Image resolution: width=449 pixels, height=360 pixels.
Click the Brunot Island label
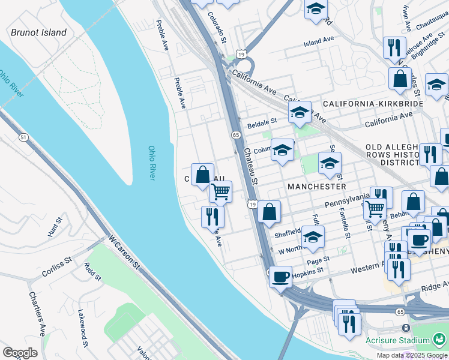click(38, 32)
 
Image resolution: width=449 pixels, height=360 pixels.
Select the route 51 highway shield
click(23, 137)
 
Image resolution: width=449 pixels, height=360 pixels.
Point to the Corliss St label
click(57, 268)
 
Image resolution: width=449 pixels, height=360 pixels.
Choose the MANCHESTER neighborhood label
click(316, 187)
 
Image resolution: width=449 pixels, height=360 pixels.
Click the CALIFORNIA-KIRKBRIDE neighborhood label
click(373, 104)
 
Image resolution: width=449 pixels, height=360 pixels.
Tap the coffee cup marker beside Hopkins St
click(280, 277)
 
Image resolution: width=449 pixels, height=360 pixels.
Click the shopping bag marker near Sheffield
click(270, 211)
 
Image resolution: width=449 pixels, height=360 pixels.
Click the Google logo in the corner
click(20, 353)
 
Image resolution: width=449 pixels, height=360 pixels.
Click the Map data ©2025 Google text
click(411, 355)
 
